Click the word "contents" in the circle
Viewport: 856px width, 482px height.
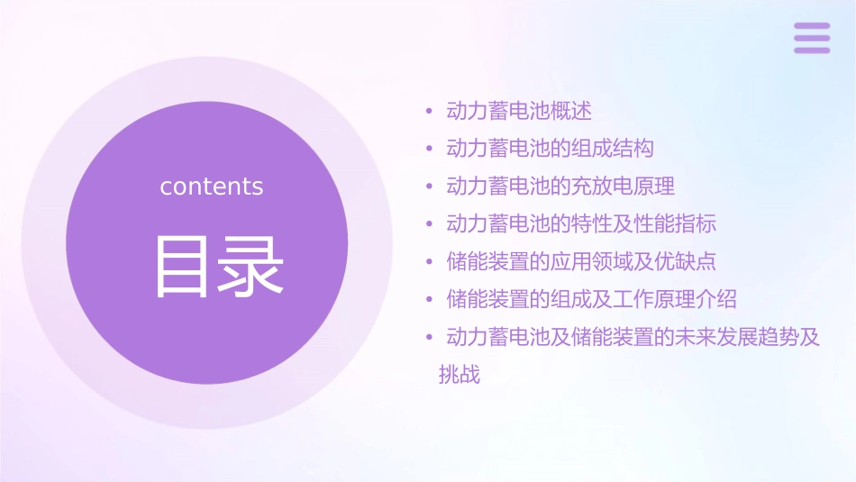pyautogui.click(x=212, y=186)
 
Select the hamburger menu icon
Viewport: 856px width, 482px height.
pyautogui.click(x=812, y=38)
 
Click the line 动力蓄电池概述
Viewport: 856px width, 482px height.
pyautogui.click(x=519, y=111)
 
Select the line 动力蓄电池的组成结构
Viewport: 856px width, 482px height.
pyautogui.click(x=550, y=149)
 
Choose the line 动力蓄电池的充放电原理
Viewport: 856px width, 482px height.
pyautogui.click(x=560, y=186)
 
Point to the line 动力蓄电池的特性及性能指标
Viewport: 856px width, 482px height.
pyautogui.click(x=581, y=223)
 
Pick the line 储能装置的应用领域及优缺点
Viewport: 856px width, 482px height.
pyautogui.click(x=581, y=261)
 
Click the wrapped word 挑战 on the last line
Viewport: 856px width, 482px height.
pyautogui.click(x=460, y=375)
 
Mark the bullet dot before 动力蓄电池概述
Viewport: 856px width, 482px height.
pyautogui.click(x=430, y=112)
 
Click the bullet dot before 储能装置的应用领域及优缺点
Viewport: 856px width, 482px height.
pyautogui.click(x=430, y=262)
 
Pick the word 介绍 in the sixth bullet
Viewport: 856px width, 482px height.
pyautogui.click(x=716, y=299)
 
